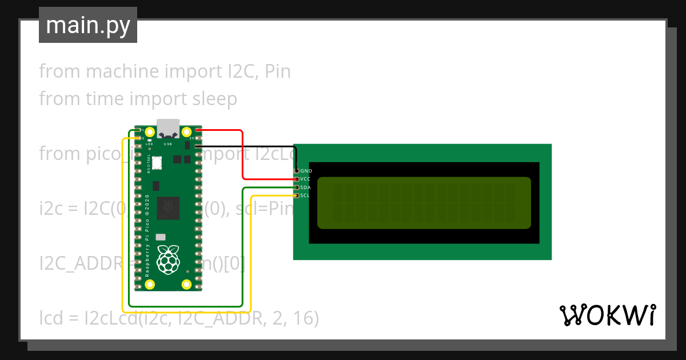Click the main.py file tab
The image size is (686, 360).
87,25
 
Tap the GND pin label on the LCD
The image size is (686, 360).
306,171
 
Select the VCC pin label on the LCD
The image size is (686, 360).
305,179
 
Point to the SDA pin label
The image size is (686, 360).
305,187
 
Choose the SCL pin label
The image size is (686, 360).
305,195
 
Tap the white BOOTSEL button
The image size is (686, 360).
157,163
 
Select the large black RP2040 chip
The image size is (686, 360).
169,208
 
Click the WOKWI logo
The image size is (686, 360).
608,315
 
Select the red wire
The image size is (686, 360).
243,154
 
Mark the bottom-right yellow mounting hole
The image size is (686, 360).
186,284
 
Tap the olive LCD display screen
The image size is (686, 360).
424,203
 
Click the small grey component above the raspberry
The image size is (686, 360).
161,237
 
